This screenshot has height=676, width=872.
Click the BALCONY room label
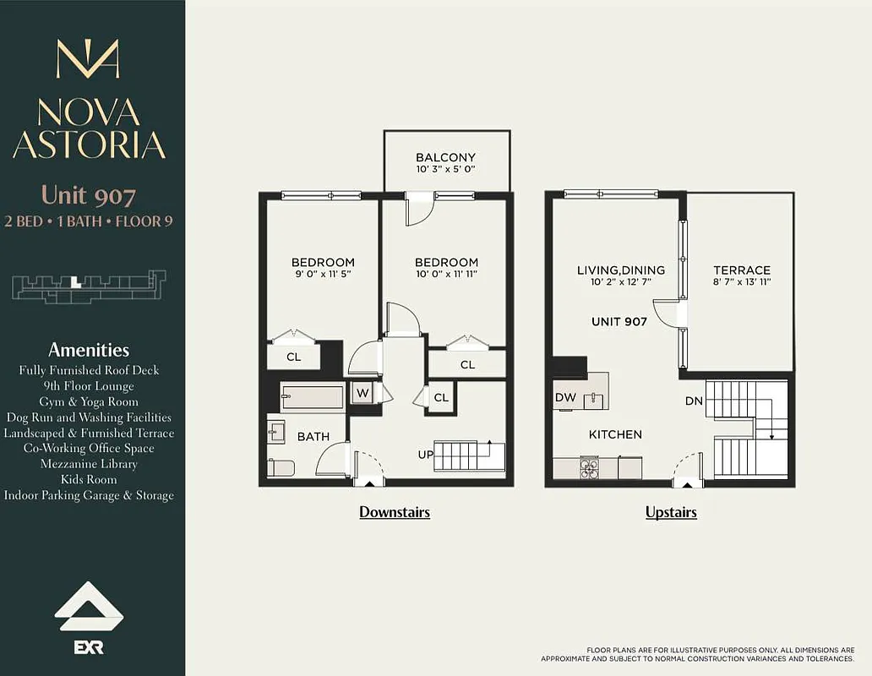point(446,157)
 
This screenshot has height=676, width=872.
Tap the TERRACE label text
point(741,270)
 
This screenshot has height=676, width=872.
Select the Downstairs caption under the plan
point(395,512)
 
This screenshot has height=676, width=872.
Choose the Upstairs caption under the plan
point(671,512)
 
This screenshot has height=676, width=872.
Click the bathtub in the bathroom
point(312,397)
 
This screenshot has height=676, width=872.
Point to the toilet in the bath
point(281,467)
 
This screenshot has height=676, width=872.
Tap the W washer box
point(362,393)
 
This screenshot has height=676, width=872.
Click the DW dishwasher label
point(564,397)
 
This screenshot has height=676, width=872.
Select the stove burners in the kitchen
point(589,467)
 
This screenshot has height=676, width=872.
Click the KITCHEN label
point(615,434)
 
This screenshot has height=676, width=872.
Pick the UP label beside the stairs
point(426,455)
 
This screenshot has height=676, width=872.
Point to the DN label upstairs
point(694,401)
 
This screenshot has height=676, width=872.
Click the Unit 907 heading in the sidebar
point(89,196)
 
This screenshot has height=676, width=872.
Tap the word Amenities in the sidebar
point(89,350)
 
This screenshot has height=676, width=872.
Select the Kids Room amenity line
point(89,479)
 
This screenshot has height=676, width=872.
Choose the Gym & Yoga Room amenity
point(89,401)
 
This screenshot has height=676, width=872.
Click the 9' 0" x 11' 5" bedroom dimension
point(323,275)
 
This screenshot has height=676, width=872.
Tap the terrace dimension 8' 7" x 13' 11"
point(741,282)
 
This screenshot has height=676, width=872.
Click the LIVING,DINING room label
point(620,270)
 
